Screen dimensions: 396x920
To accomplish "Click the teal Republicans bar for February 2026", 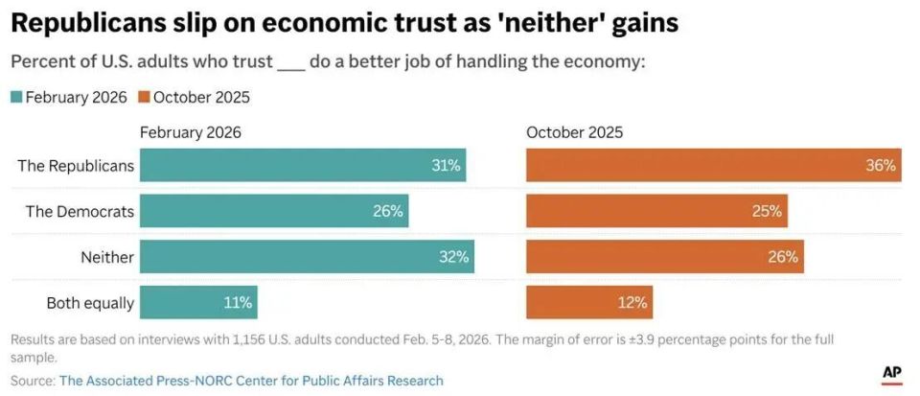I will (x=303, y=165).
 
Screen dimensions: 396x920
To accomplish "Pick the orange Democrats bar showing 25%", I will (x=656, y=211).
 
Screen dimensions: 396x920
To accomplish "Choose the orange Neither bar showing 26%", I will (x=664, y=257).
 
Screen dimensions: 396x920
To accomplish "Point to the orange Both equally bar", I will (x=589, y=303).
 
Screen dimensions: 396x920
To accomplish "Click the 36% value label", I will (x=881, y=165).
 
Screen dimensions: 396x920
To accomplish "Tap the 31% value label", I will (x=446, y=165).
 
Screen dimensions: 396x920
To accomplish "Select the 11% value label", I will (x=238, y=303).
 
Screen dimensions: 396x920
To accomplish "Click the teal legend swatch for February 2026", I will (x=16, y=97).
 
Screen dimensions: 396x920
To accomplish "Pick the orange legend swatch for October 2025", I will (x=144, y=97).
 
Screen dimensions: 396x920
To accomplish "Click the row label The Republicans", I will (x=76, y=165).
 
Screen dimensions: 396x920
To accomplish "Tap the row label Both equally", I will (x=90, y=303).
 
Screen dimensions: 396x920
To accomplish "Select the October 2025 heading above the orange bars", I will (x=574, y=132).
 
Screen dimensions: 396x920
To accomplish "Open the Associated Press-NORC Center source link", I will (x=251, y=381).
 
